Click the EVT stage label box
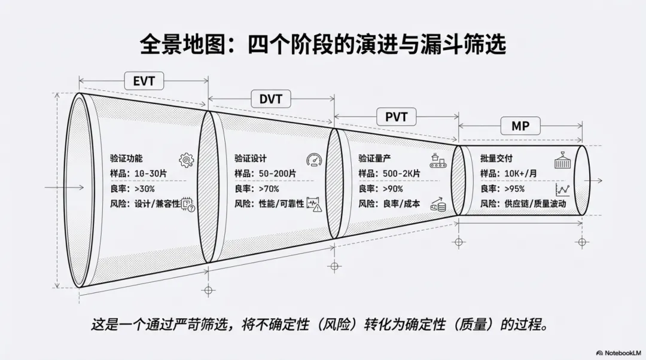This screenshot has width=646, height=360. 144,81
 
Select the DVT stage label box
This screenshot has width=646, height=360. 270,99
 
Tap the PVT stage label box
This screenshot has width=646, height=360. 396,117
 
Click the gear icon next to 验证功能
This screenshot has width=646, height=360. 187,160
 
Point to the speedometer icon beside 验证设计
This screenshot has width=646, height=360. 313,160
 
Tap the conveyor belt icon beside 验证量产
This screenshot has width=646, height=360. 438,160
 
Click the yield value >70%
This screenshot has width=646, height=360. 268,188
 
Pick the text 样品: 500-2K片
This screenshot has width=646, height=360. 389,173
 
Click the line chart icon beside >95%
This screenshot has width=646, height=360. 562,190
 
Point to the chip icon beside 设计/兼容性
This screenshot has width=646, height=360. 188,205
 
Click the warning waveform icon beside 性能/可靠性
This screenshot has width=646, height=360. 314,205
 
